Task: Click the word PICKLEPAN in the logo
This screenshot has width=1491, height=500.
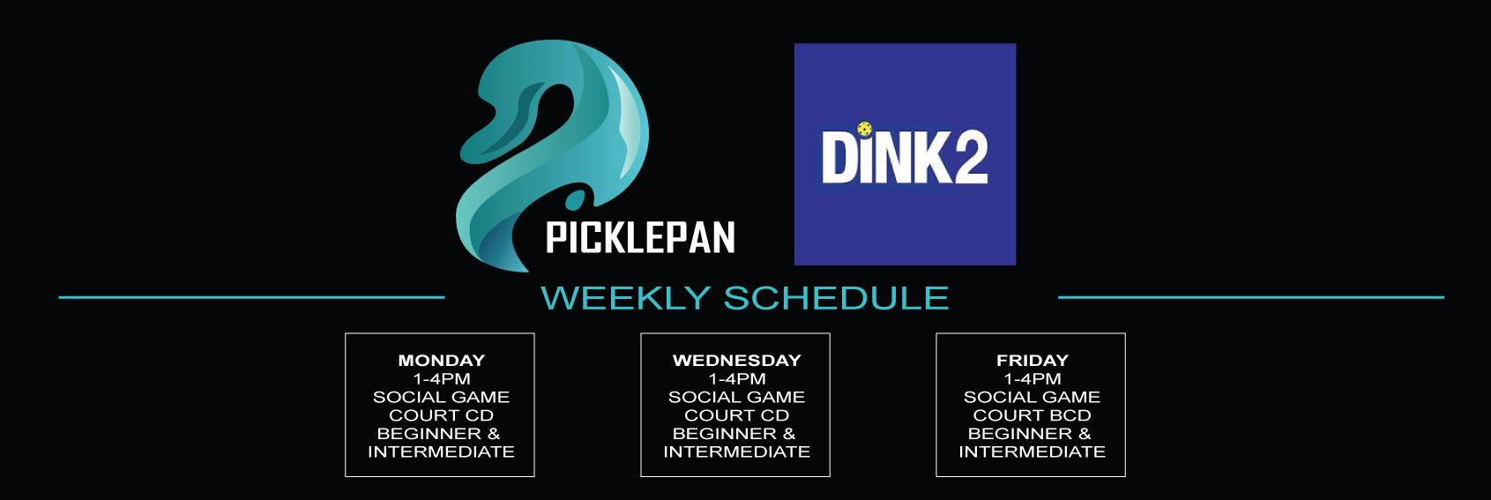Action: pos(639,238)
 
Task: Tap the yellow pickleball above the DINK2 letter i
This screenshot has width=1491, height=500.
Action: pos(865,129)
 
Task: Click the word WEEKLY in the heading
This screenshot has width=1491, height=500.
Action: pos(626,297)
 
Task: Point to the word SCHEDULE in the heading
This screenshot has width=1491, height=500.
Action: pos(836,297)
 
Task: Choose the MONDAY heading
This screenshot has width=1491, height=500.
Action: pos(442,360)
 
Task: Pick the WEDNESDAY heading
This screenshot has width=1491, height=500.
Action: pos(736,360)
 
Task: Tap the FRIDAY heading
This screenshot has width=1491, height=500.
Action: pos(1032,360)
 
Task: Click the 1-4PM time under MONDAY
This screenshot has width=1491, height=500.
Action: pos(442,379)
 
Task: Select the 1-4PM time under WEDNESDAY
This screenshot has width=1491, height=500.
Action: pos(736,379)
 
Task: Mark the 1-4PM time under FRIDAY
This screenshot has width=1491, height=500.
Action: pos(1032,379)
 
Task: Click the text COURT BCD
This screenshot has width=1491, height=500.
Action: pos(1032,415)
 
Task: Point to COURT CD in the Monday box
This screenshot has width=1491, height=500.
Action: pos(442,415)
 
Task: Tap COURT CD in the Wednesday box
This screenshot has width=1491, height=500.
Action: pos(736,415)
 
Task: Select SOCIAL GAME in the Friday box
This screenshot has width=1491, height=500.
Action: pos(1032,397)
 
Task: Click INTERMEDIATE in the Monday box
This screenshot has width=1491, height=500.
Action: pos(442,452)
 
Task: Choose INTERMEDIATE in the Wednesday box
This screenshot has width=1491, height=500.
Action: pos(736,452)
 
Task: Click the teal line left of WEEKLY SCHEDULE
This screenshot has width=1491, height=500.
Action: pos(251,297)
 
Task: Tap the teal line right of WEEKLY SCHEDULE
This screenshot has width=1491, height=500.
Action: pos(1250,297)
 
